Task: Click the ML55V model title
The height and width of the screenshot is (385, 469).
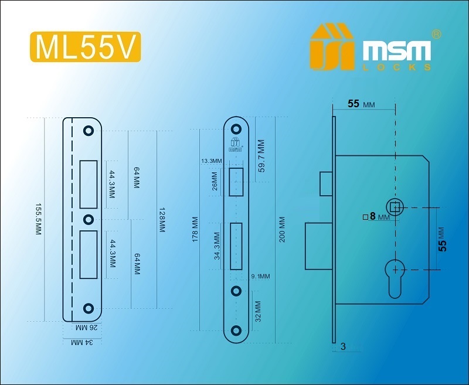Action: coord(85,47)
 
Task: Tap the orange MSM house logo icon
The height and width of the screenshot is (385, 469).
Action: coord(332,46)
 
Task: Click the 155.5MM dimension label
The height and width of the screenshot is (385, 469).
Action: coord(38,219)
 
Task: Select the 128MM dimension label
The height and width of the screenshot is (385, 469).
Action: coord(162,220)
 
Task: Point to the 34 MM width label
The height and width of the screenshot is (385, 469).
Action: coord(82,342)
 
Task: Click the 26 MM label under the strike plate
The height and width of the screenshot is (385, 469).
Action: coord(87,328)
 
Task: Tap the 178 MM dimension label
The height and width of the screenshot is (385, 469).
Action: coord(195,229)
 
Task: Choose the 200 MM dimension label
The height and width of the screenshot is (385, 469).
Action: coord(282,230)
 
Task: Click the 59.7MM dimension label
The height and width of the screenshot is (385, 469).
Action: coord(261,156)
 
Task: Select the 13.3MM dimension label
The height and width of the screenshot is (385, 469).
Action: coord(212,161)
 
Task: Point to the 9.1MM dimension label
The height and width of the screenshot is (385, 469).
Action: coord(260,277)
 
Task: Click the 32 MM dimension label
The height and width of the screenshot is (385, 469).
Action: coord(258,312)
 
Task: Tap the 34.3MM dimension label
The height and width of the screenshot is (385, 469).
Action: coord(217,246)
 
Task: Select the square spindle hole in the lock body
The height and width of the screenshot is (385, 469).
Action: coord(395,207)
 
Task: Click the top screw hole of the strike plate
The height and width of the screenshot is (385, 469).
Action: coord(89,131)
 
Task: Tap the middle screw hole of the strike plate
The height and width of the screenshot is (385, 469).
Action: coord(89,220)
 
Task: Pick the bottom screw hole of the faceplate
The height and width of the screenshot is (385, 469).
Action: coord(236,331)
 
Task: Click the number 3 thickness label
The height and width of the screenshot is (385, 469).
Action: coord(343,346)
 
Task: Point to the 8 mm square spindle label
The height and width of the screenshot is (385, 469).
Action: coord(376,216)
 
